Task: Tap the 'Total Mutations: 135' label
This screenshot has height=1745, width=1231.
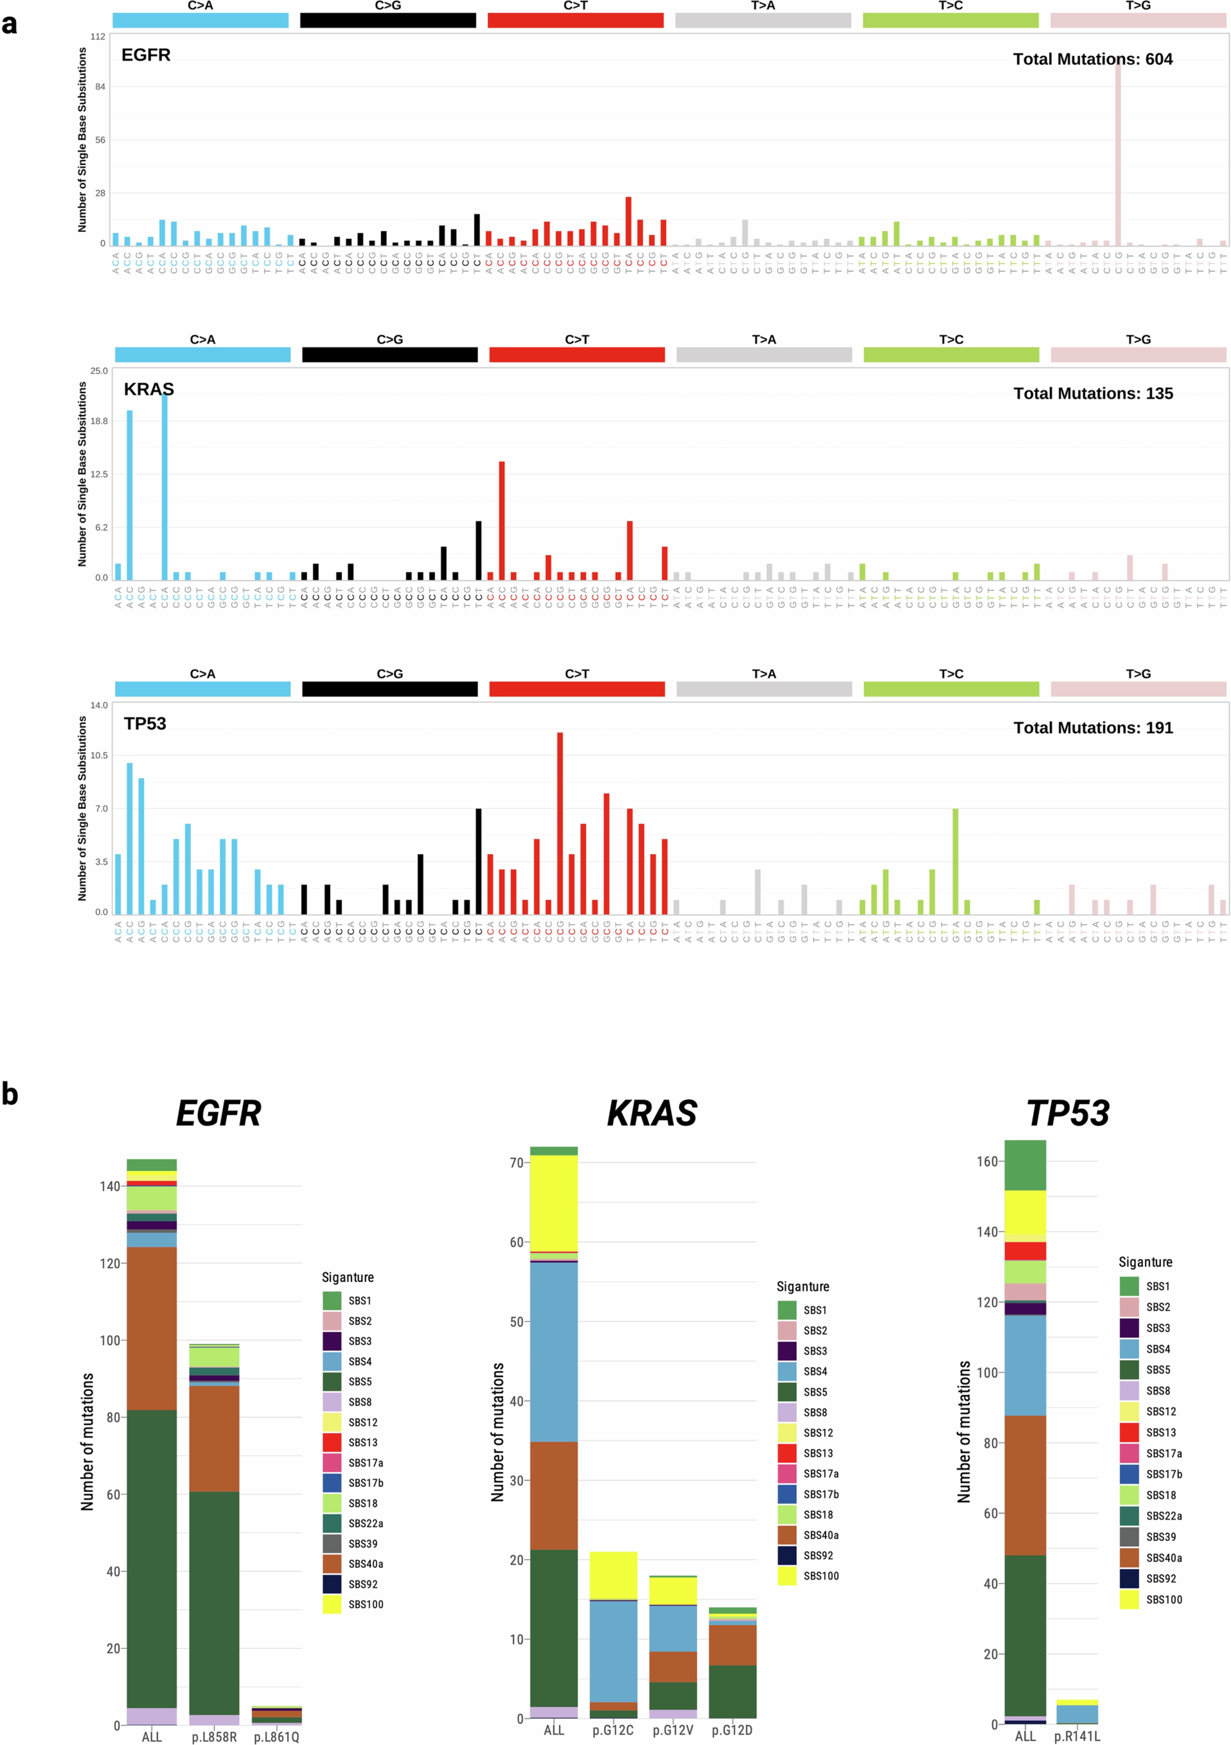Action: coord(1093,394)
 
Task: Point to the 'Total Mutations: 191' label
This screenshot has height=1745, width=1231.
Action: coord(1093,728)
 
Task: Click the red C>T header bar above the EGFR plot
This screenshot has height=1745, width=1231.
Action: coord(576,20)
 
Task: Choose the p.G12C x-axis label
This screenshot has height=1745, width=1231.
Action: coord(613,1730)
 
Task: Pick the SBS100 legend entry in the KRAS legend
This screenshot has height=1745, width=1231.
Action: coord(821,1576)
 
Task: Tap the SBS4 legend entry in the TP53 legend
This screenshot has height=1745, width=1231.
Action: coord(1158,1349)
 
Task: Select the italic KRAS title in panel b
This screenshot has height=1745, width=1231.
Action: coord(652,1113)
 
